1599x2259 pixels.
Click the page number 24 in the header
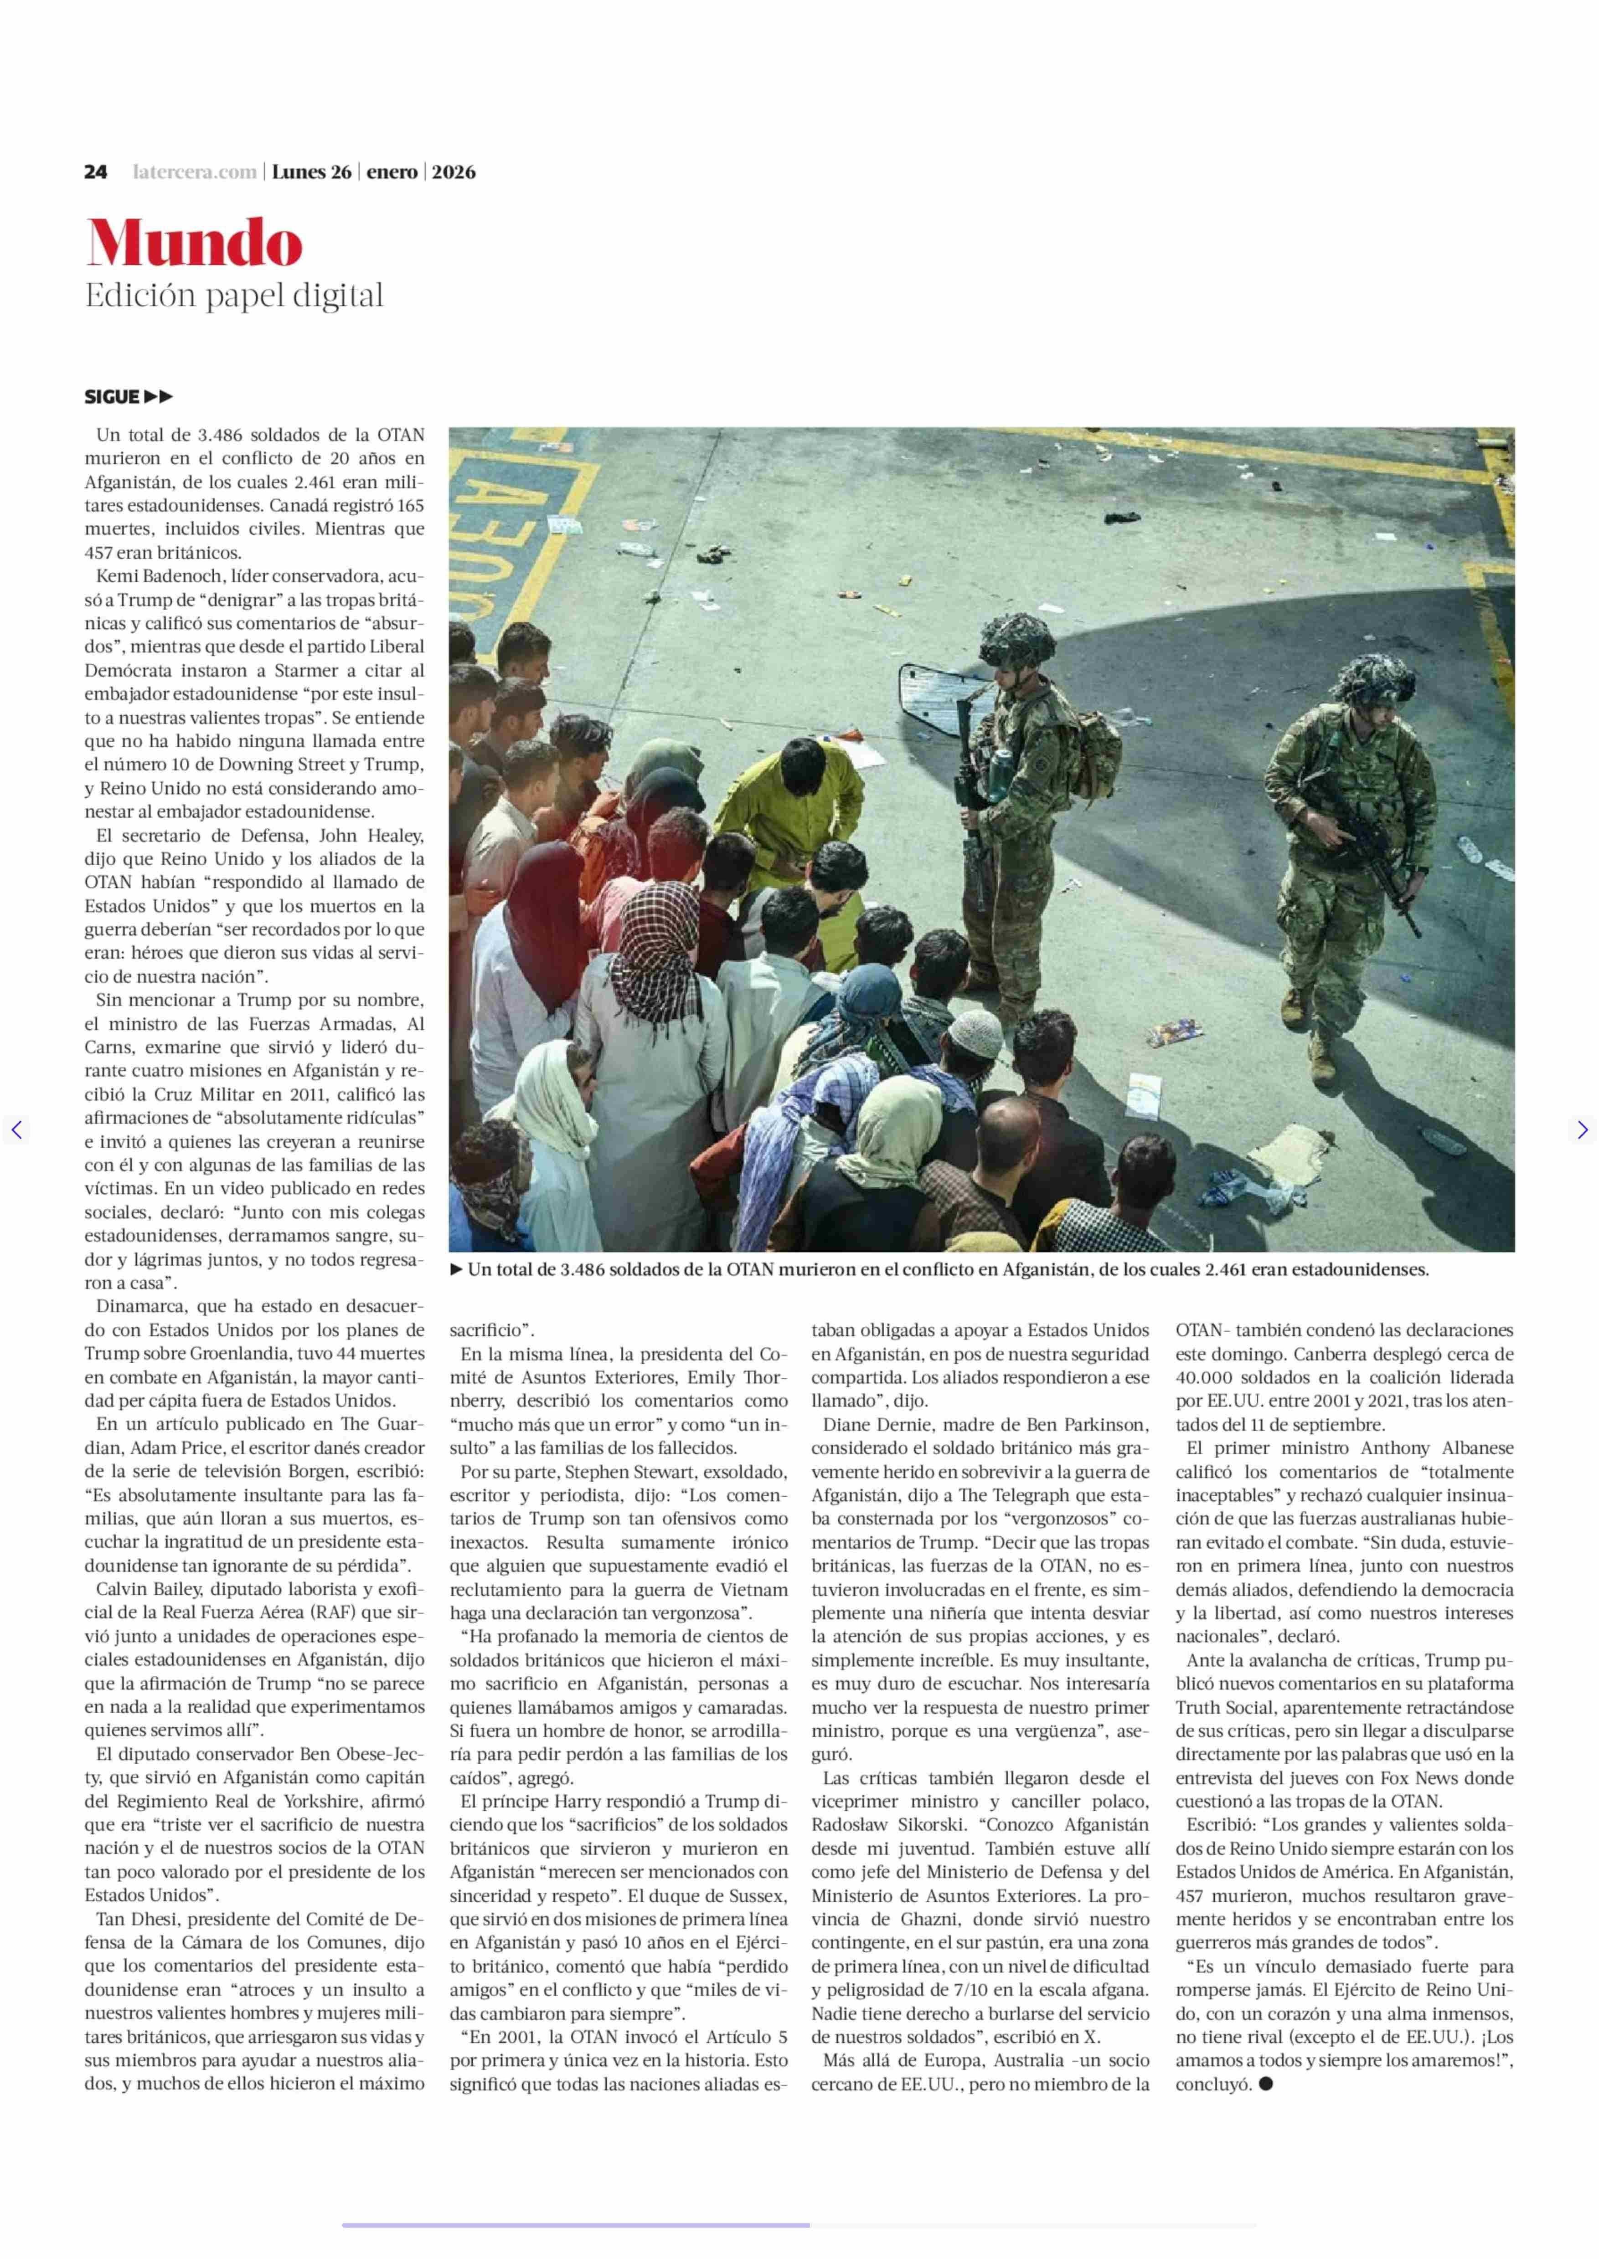coord(96,172)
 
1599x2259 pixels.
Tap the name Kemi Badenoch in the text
coord(150,576)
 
